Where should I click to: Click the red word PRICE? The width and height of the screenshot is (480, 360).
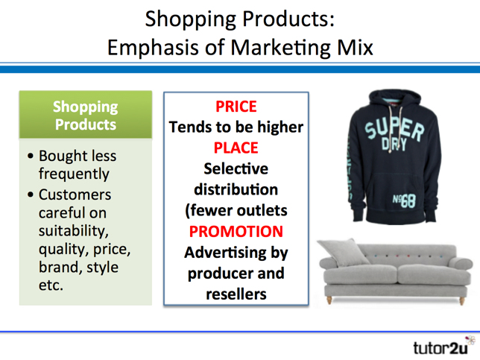click(236, 107)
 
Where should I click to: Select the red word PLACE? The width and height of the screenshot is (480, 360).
click(236, 148)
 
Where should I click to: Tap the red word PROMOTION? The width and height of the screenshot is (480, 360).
click(236, 231)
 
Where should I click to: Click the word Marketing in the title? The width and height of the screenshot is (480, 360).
click(280, 48)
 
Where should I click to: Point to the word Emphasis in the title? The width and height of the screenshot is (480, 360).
click(153, 48)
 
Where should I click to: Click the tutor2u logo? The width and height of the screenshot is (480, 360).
click(444, 347)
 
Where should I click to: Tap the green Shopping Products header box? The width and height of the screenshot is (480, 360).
click(86, 115)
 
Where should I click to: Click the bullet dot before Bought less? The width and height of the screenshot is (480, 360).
click(31, 156)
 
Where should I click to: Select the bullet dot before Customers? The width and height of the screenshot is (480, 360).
click(31, 195)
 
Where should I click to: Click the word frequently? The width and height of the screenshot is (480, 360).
click(74, 174)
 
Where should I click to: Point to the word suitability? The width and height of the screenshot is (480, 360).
click(74, 230)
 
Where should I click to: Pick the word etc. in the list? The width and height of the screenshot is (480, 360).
click(51, 285)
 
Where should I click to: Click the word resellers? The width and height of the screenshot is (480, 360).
click(236, 294)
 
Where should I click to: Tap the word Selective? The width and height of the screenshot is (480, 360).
click(236, 168)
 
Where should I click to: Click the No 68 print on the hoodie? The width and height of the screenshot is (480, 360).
click(404, 200)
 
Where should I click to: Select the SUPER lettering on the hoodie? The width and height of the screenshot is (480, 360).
click(394, 128)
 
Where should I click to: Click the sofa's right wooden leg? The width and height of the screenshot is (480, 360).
click(461, 301)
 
